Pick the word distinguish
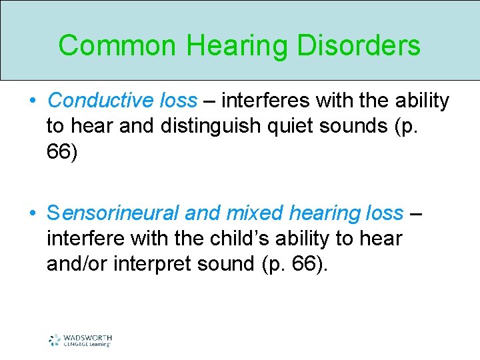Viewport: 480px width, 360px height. click(x=213, y=126)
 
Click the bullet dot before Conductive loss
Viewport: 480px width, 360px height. click(x=32, y=101)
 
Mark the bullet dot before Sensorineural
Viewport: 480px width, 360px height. click(x=32, y=214)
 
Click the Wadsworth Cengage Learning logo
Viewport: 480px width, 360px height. click(x=79, y=339)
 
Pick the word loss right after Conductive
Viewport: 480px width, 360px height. click(x=179, y=101)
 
